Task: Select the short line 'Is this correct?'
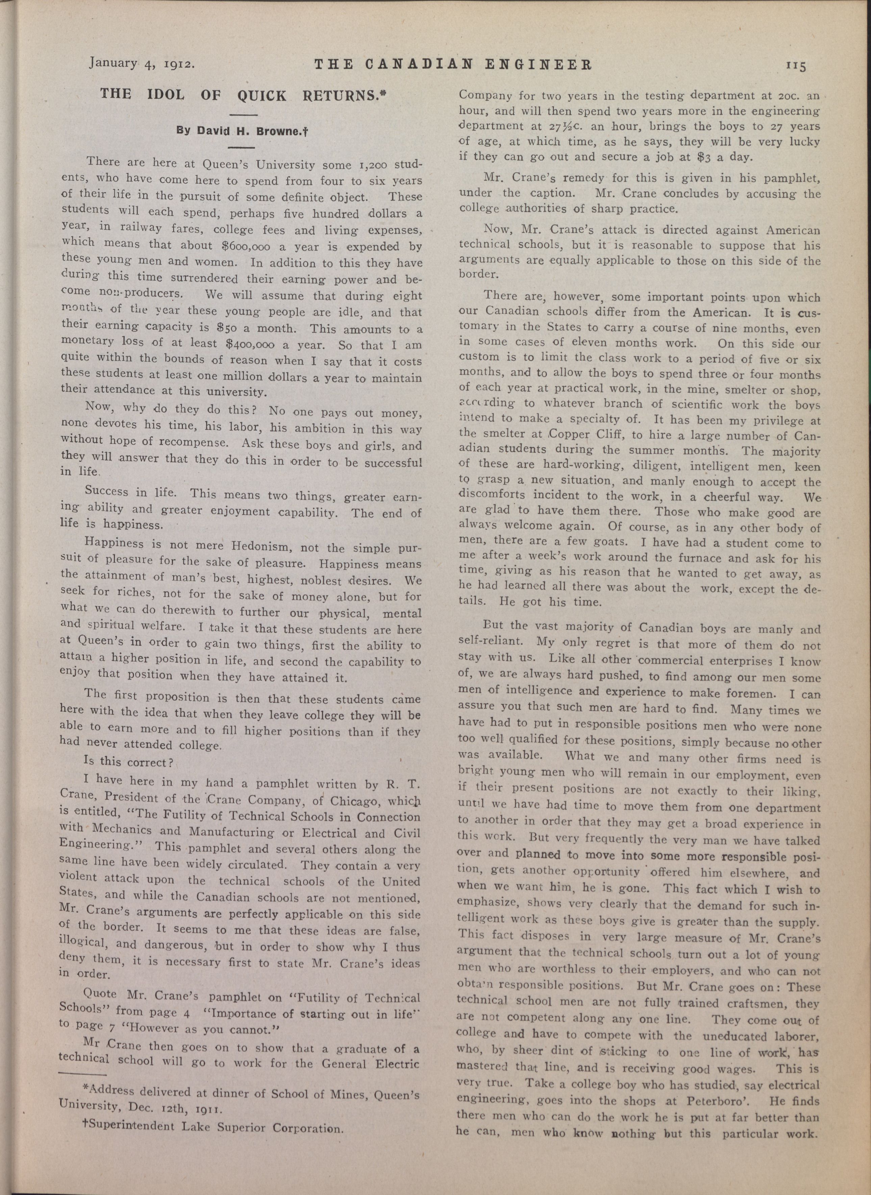(x=129, y=762)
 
